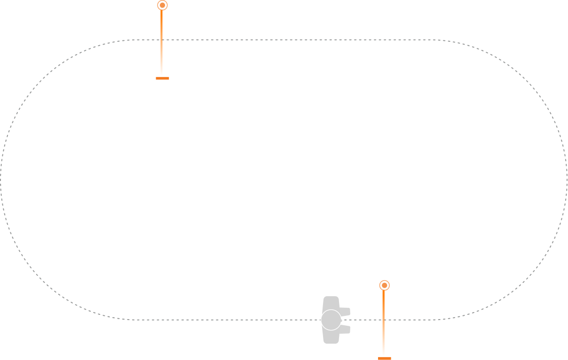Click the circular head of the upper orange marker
point(162,5)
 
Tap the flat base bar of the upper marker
point(162,78)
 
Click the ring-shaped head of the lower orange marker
point(384,285)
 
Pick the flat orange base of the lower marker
point(384,358)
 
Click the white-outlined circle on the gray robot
point(331,320)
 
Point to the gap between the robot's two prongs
point(346,320)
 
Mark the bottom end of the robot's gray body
point(331,341)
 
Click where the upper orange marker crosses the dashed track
point(162,39)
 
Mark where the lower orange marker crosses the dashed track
point(384,320)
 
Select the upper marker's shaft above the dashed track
point(162,23)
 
